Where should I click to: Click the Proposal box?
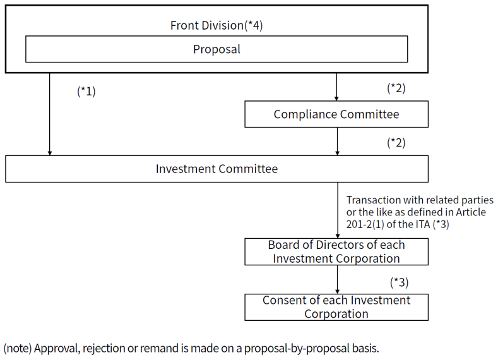(x=216, y=49)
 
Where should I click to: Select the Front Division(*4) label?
(x=216, y=25)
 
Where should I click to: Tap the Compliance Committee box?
(x=336, y=114)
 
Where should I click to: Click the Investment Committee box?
(x=216, y=169)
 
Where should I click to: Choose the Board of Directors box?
(x=336, y=251)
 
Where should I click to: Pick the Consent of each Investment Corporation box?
(x=336, y=307)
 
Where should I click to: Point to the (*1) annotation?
(x=86, y=92)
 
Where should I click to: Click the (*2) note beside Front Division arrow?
(x=396, y=88)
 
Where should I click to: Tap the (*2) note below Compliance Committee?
(x=396, y=143)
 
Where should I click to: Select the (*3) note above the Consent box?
(x=400, y=282)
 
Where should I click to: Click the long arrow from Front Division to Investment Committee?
(x=49, y=114)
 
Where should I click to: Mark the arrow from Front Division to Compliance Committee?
(x=336, y=87)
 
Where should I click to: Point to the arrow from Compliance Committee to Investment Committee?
(x=337, y=141)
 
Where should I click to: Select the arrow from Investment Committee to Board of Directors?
(x=338, y=210)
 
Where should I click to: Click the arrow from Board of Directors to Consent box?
(x=337, y=279)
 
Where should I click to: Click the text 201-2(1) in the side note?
(x=365, y=224)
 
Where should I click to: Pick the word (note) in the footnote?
(x=18, y=348)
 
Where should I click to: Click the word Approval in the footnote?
(x=57, y=348)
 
